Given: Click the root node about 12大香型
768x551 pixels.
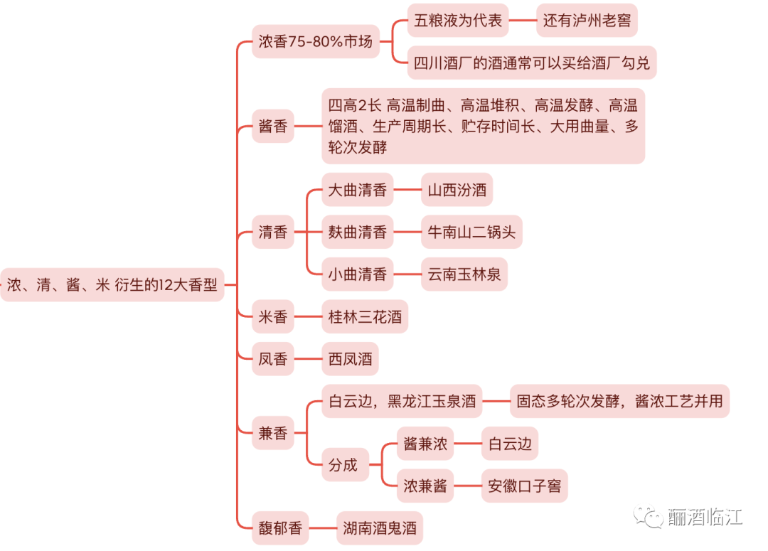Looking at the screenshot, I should tap(112, 285).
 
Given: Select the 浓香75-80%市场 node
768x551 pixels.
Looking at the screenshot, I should tap(315, 41).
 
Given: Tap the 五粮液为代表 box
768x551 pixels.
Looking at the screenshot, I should tap(458, 20).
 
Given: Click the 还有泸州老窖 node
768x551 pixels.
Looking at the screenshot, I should tap(587, 20).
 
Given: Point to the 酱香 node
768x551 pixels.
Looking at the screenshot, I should tap(273, 127).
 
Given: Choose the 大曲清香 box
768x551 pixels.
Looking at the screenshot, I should tap(357, 190).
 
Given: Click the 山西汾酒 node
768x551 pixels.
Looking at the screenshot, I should tap(457, 190).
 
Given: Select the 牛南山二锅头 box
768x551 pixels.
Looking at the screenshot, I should tap(471, 232).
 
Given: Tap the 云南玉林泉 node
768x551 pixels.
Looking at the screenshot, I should tap(464, 274).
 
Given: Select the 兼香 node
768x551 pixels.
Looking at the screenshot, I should tap(273, 433).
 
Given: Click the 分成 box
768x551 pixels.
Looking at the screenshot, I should tap(343, 465).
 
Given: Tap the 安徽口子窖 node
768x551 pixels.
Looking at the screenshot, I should tap(525, 486).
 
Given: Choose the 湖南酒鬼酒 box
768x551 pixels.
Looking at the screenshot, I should tap(380, 528).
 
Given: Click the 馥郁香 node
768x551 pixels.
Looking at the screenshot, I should tap(280, 528).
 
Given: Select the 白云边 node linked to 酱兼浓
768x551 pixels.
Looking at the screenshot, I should tap(510, 444).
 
